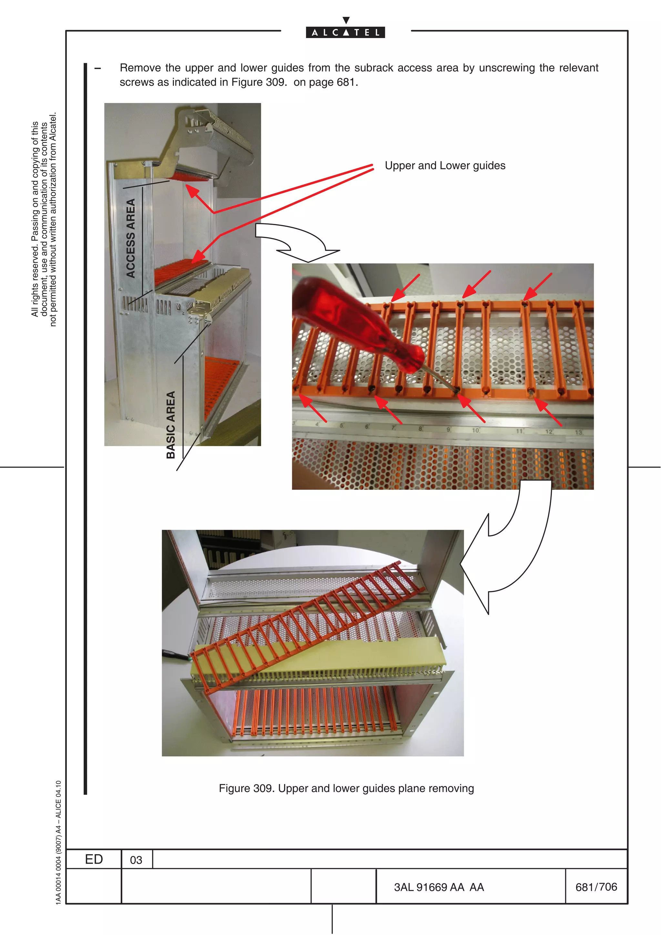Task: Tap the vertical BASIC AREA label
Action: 171,425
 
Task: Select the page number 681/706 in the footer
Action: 596,887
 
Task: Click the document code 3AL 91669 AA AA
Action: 439,887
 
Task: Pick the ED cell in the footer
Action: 94,860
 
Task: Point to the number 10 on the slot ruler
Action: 476,430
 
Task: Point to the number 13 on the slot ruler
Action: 579,432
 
